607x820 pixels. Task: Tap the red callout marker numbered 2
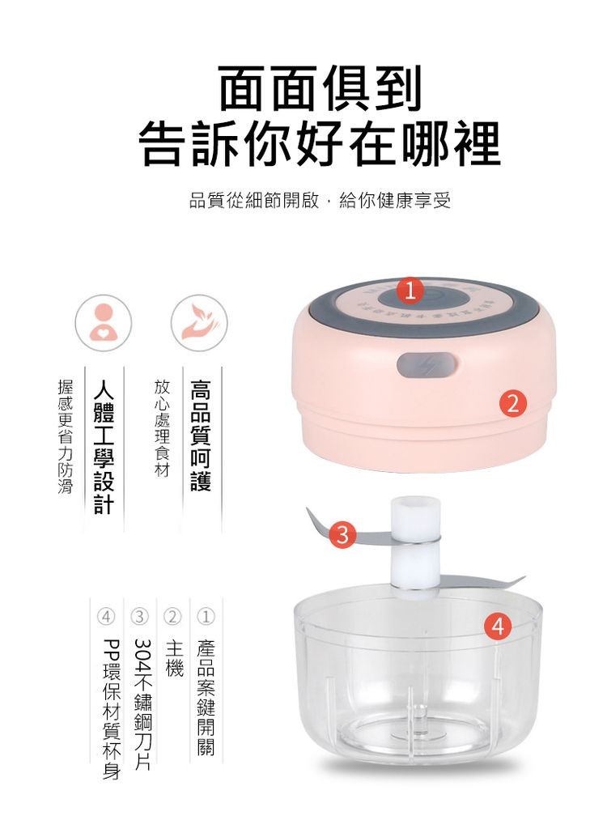click(513, 401)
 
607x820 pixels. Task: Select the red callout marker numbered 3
click(345, 535)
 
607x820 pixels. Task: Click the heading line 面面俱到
click(320, 89)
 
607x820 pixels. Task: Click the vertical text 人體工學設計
click(103, 445)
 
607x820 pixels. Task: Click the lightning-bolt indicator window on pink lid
click(424, 366)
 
